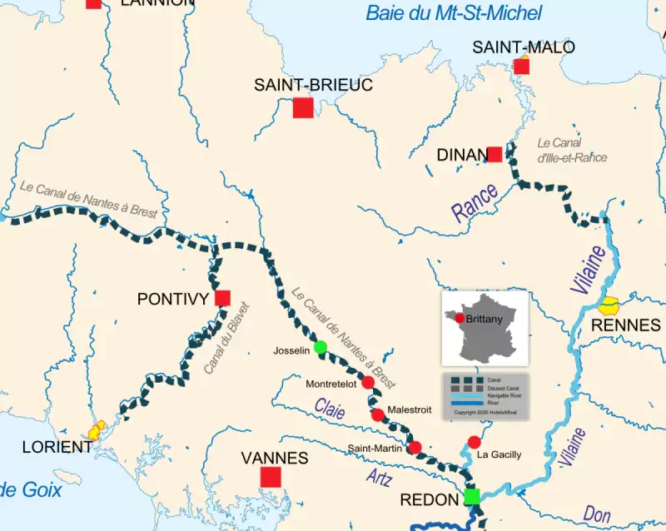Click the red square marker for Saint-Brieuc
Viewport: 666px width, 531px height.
coord(303,107)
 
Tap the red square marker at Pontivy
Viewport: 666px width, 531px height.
coord(222,298)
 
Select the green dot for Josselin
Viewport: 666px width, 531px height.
coord(321,347)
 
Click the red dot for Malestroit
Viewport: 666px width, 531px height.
coord(378,414)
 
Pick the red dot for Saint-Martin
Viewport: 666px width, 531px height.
coord(415,448)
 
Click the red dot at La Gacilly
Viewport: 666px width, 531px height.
coord(475,441)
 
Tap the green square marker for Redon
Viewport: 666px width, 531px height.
coord(472,497)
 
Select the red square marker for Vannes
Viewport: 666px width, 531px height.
coord(271,476)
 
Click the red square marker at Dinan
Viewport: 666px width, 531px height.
coord(495,154)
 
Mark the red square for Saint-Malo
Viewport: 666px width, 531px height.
coord(522,67)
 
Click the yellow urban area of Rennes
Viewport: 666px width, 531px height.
coord(612,305)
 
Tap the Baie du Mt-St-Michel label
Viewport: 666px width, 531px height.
coord(454,12)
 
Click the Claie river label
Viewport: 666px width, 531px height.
coord(329,406)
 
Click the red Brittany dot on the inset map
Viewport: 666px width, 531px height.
coord(460,319)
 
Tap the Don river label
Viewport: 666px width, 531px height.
coord(597,514)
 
